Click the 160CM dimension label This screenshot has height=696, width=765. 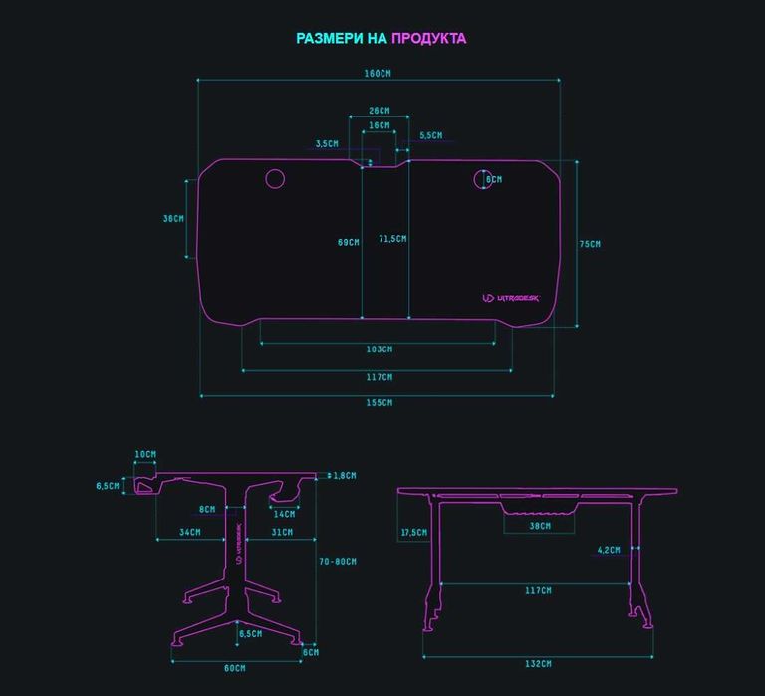(379, 73)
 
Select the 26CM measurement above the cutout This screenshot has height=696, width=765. (379, 111)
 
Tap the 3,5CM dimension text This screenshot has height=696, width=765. (326, 143)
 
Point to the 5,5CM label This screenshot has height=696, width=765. (431, 135)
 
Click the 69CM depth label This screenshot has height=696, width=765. (348, 242)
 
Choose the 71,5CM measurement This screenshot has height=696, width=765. (392, 238)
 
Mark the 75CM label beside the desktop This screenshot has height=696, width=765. (590, 244)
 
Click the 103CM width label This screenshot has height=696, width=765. (379, 349)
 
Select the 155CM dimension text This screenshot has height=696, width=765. (379, 403)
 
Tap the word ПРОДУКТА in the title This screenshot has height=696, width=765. (428, 39)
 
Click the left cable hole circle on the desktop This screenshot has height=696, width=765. (275, 179)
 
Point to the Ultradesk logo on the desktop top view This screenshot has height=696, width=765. (510, 297)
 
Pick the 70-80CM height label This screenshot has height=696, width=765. (339, 562)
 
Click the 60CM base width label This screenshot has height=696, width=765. (234, 668)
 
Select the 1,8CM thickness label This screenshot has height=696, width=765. (345, 476)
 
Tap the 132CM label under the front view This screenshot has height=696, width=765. (538, 664)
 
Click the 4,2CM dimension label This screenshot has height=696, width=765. (609, 550)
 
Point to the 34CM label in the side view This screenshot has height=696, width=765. (189, 533)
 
